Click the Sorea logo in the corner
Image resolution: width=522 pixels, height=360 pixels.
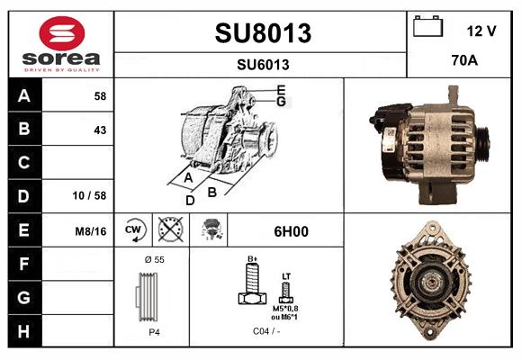point(61,44)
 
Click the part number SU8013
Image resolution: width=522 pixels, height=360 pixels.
point(263,33)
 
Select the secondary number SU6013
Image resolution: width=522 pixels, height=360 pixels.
point(263,64)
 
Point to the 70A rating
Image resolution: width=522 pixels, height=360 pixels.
point(463,62)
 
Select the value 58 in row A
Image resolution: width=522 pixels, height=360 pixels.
point(99,95)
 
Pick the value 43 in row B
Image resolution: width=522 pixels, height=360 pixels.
point(99,129)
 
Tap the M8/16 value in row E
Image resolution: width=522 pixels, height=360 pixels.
point(91,230)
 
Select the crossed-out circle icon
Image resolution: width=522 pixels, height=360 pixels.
point(169,230)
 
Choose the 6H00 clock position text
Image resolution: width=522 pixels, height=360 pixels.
point(290,231)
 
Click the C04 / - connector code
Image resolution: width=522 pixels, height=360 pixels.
point(265,330)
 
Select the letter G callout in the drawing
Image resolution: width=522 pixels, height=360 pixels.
point(281,102)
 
